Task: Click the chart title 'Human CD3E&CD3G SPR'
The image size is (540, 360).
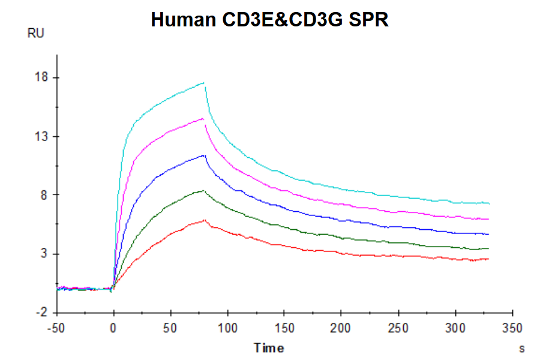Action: pos(270,19)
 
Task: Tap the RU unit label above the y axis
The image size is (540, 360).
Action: pos(36,34)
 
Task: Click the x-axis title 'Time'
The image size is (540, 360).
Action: pos(268,348)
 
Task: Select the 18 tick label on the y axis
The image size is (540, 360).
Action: pos(41,78)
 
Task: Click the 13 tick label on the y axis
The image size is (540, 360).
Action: pos(41,136)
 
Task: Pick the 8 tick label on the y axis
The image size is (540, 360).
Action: pos(44,195)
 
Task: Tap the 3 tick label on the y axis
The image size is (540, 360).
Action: pos(44,254)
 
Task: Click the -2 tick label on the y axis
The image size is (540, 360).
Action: pos(42,313)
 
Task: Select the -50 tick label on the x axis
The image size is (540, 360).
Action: pos(56,329)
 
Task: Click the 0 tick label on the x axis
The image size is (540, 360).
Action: pos(113,329)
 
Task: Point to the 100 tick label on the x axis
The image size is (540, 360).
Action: pos(227,329)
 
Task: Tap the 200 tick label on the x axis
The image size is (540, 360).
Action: pos(341,329)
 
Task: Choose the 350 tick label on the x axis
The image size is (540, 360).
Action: pos(512,329)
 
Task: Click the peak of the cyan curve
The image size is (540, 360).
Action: pos(204,83)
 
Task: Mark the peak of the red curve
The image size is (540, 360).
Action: pos(205,220)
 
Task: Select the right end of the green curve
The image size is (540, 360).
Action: pos(489,248)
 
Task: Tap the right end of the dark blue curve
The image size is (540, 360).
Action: pos(489,234)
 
